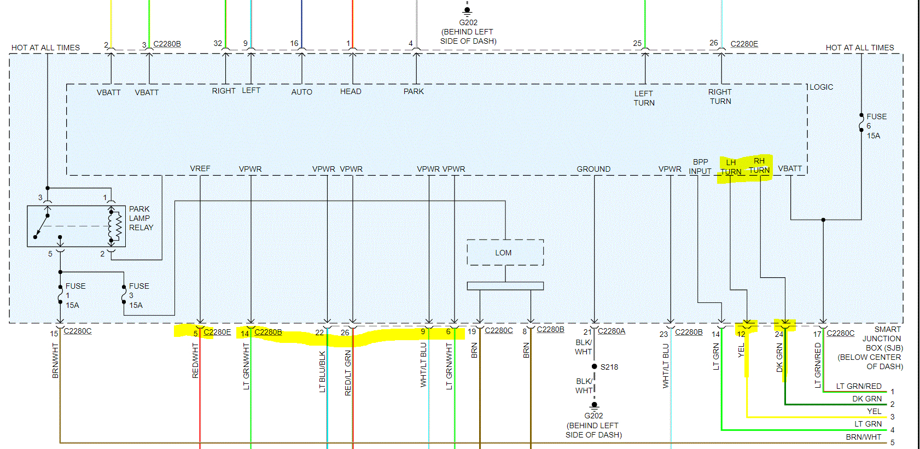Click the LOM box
[x=504, y=253]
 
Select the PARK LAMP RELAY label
[x=141, y=218]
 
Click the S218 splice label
[x=609, y=367]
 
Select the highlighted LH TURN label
[x=731, y=167]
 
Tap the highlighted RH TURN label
[x=759, y=166]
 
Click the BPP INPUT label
[x=700, y=167]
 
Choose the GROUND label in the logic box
[x=593, y=169]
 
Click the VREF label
[x=200, y=168]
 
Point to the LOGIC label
[x=822, y=87]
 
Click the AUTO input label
[x=302, y=92]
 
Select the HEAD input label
[x=351, y=91]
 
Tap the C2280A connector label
[x=612, y=331]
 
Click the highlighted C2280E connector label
[x=217, y=332]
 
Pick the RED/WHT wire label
[x=195, y=360]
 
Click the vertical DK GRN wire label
[x=779, y=358]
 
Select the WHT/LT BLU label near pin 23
[x=666, y=366]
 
